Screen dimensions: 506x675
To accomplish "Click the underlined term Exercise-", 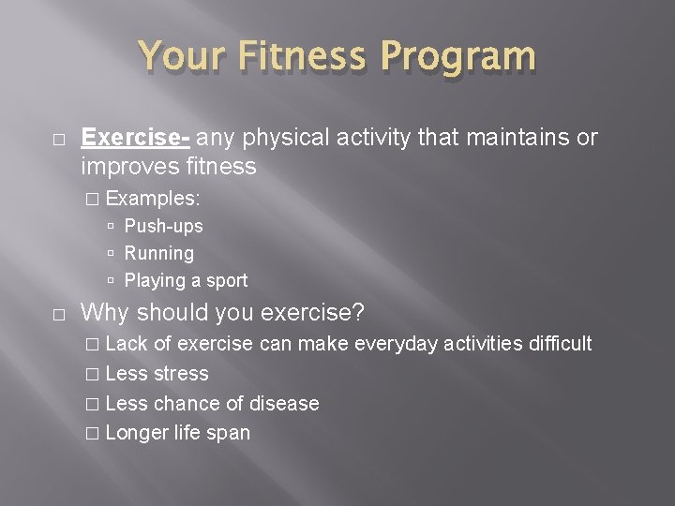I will pos(136,138).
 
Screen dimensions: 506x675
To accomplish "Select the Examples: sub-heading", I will pos(153,199).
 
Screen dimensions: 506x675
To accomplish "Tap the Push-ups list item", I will pos(163,226).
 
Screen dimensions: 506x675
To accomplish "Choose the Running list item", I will pos(158,253).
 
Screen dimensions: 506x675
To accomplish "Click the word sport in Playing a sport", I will pos(226,280).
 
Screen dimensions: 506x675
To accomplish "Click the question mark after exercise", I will pos(359,311).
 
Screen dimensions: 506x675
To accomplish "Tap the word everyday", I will pos(397,344).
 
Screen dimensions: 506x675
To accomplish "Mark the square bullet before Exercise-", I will pos(57,139).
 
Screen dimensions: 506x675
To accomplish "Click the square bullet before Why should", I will pos(57,312).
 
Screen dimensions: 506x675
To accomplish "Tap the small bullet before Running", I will pos(111,254).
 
